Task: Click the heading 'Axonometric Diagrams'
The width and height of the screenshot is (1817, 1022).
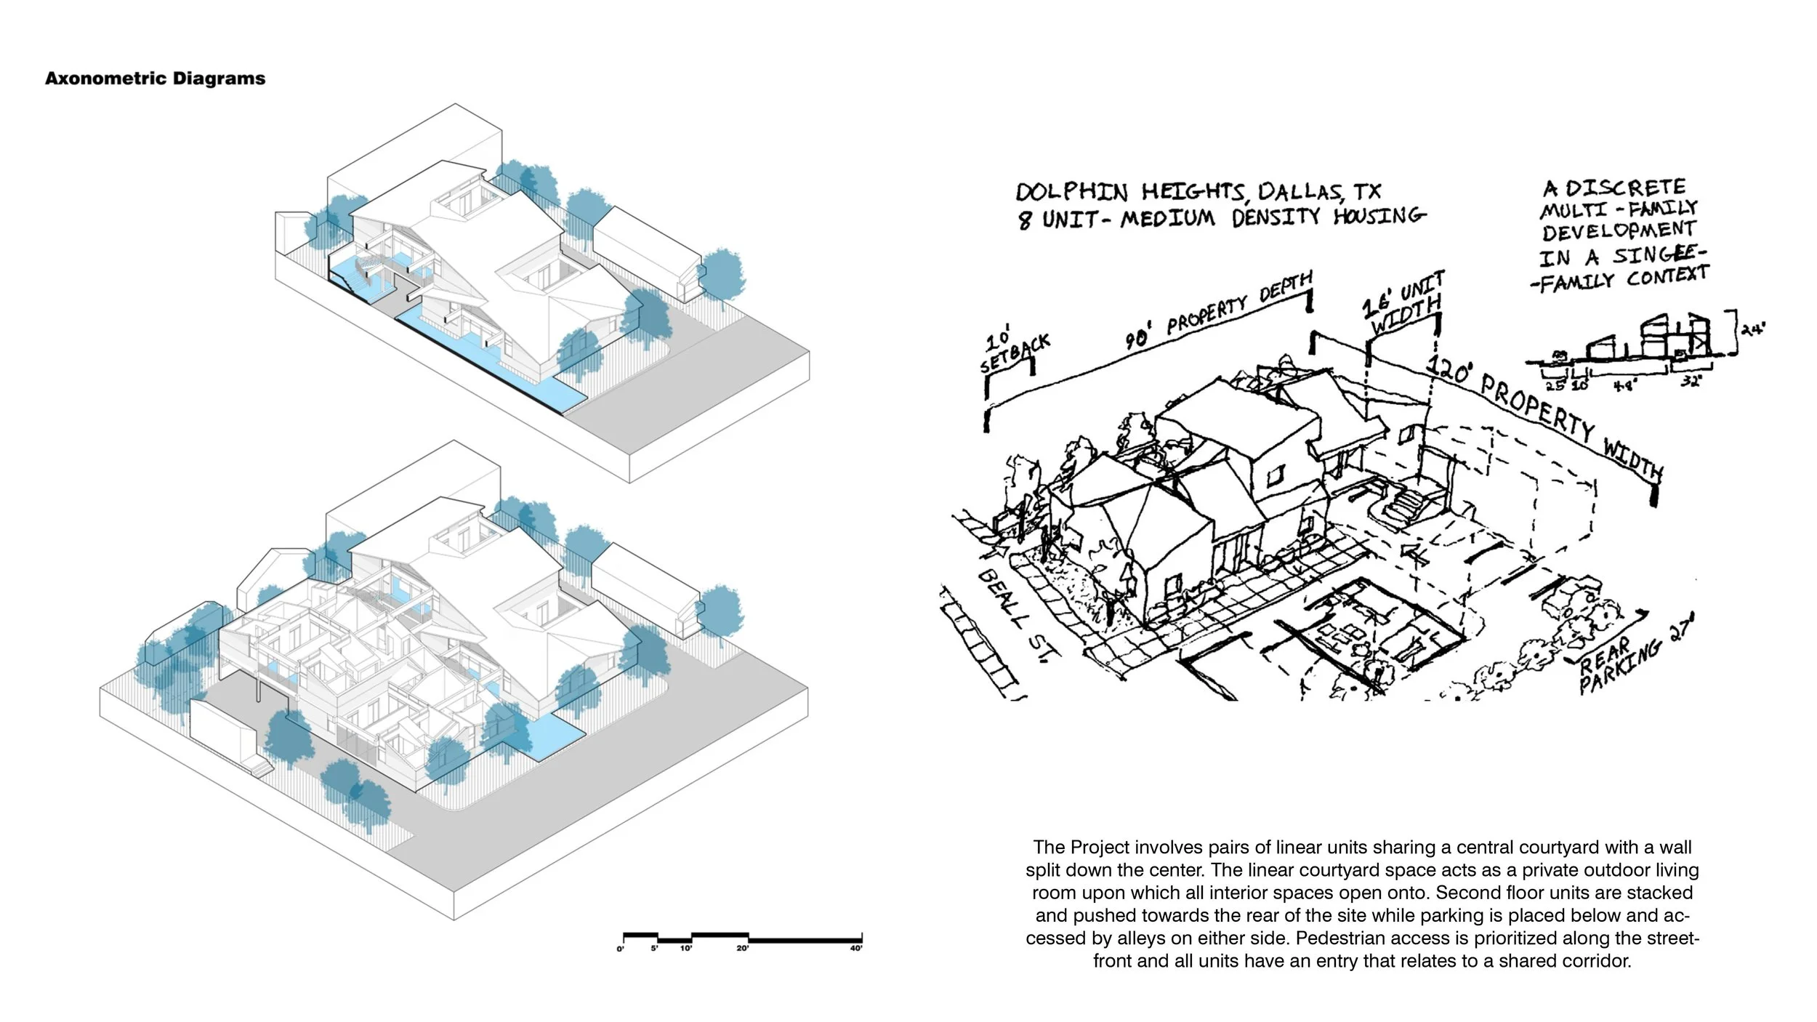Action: [x=155, y=79]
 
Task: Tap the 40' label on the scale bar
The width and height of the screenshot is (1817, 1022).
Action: [x=856, y=949]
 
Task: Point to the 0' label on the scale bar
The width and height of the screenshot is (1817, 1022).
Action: [x=620, y=949]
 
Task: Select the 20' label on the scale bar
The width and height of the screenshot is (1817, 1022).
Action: [x=742, y=949]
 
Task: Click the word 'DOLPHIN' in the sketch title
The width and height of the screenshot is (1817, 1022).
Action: [x=1071, y=193]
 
